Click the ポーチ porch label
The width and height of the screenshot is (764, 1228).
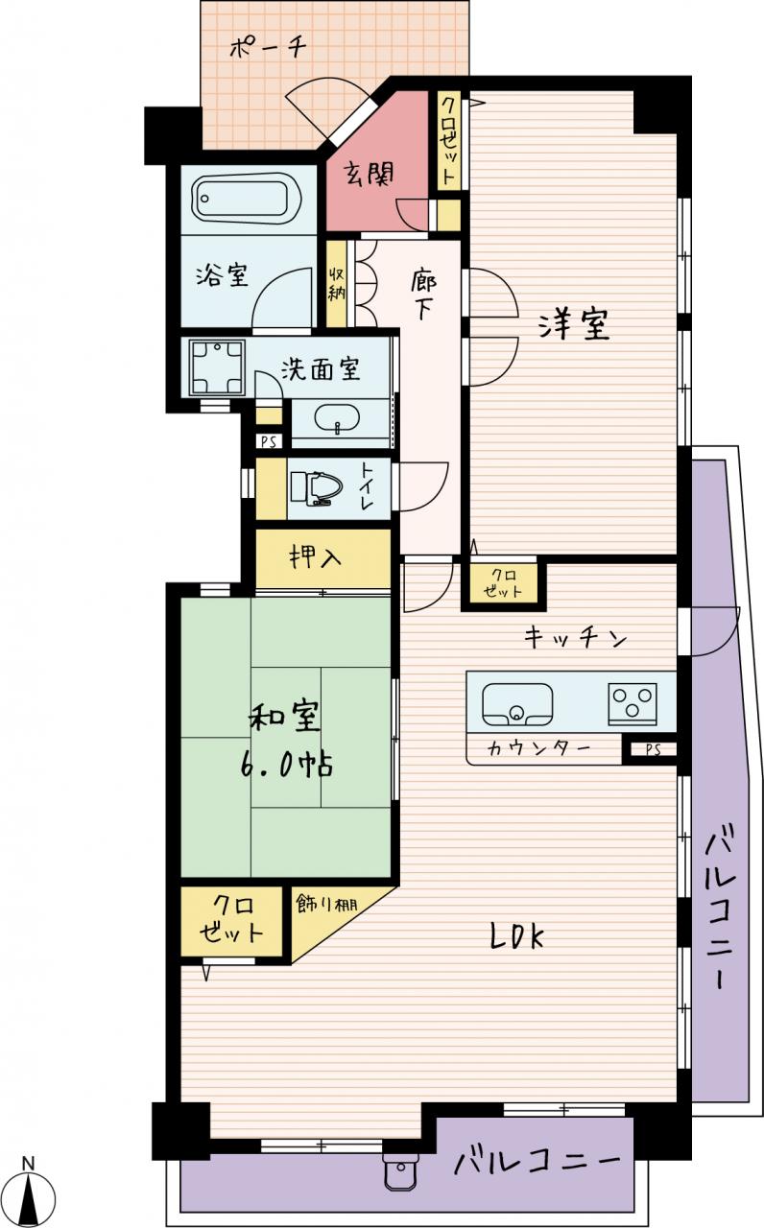267,48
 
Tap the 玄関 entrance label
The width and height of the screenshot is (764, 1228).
370,176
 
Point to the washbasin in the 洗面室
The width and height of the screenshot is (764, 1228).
337,420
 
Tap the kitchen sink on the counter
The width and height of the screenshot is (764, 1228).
516,704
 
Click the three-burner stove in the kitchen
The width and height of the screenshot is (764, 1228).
633,704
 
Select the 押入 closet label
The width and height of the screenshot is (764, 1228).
316,558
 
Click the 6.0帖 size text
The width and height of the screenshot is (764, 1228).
286,765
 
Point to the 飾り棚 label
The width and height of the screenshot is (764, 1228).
326,904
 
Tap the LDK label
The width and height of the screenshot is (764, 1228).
516,936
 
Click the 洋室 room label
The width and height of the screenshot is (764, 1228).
573,323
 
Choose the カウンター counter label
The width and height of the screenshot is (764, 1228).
538,748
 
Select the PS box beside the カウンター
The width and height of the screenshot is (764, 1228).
652,749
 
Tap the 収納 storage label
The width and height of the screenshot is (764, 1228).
336,283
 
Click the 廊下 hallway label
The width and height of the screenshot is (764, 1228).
423,295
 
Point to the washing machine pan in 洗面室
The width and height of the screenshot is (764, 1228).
217,367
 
